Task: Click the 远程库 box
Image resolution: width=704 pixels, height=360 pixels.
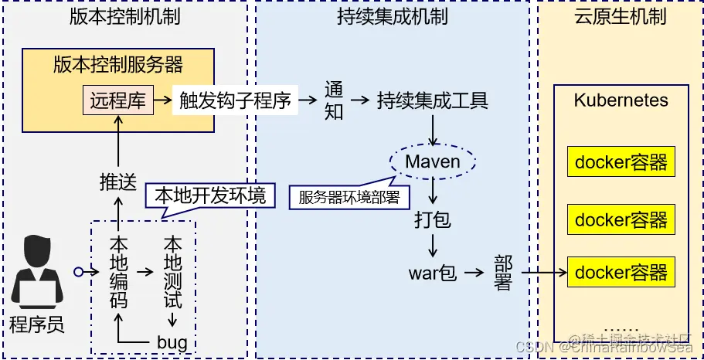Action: click(117, 100)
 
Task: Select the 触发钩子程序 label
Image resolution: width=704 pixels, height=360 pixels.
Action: click(235, 100)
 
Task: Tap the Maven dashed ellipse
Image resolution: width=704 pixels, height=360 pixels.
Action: click(433, 161)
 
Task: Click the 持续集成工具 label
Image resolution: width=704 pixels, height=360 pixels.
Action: click(433, 100)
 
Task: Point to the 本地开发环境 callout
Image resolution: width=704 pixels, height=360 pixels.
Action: click(210, 195)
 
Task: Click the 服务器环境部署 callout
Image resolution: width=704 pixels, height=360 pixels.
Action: click(349, 197)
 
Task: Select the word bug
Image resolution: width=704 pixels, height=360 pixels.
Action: click(172, 341)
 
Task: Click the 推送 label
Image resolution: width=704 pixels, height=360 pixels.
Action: click(118, 182)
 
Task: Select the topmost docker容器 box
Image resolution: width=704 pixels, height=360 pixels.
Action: click(621, 162)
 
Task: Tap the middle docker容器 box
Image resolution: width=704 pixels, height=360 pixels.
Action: click(621, 219)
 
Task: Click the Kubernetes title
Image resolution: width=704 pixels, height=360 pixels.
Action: click(621, 100)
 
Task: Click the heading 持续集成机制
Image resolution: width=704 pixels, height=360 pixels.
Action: click(393, 16)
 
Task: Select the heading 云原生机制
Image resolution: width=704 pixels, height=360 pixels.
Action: click(621, 16)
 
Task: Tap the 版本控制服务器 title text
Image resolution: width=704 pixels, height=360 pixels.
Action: click(118, 64)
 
